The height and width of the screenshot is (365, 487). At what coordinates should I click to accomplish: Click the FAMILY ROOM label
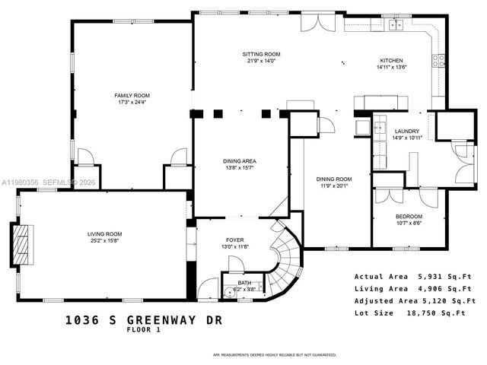point(132,95)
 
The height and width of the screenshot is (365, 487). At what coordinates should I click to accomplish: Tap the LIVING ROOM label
point(103,233)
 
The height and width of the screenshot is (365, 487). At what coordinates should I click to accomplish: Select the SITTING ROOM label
point(262,54)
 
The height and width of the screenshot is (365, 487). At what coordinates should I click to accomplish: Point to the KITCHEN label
point(391,60)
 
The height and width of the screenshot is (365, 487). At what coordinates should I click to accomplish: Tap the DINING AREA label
point(239,160)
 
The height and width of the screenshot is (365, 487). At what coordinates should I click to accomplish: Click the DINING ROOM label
point(330,179)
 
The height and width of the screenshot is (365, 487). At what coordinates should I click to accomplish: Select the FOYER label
point(234,239)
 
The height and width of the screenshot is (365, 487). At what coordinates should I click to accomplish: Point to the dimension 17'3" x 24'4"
point(132,103)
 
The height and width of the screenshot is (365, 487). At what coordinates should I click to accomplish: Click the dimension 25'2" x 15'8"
point(103,241)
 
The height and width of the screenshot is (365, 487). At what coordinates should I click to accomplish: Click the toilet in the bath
point(228,290)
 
